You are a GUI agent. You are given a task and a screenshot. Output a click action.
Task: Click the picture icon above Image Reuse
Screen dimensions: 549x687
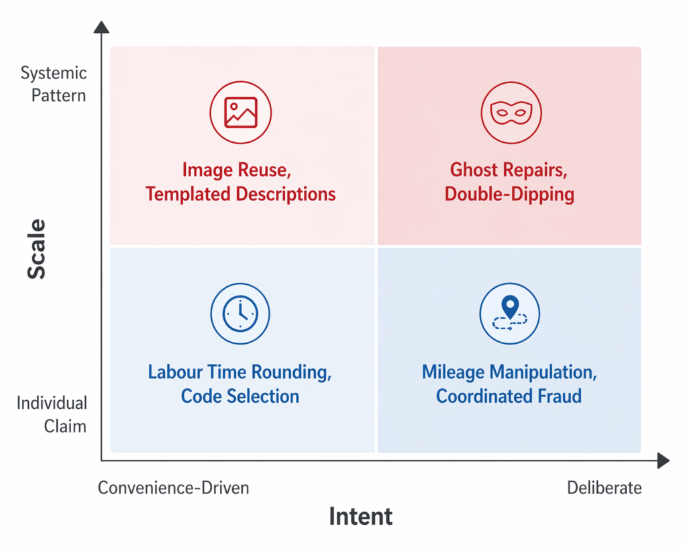(241, 113)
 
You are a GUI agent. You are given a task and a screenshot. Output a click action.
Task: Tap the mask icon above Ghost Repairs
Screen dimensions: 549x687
(511, 113)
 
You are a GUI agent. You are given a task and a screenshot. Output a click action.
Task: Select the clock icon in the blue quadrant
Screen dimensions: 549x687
(240, 314)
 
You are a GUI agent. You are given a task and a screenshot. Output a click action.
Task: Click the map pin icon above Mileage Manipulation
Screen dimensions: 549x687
(510, 314)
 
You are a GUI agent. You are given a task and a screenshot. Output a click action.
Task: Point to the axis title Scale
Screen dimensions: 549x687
(38, 248)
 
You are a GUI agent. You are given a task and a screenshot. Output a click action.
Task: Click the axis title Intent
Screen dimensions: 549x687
(360, 517)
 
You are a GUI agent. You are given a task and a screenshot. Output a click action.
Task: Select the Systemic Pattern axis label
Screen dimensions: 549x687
(54, 84)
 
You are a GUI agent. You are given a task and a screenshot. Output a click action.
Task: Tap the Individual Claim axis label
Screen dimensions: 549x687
(52, 414)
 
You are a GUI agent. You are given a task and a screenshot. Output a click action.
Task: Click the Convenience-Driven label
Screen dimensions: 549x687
(174, 488)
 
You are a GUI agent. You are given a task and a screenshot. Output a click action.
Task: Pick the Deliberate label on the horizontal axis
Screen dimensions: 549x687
(604, 488)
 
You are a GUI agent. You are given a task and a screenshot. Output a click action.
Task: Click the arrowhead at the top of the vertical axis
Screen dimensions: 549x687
(101, 27)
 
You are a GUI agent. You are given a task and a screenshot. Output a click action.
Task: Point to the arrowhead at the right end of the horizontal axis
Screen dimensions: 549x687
(663, 461)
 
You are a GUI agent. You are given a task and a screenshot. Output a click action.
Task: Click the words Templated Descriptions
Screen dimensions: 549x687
(240, 194)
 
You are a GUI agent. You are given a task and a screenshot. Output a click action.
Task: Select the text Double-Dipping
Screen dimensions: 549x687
(510, 194)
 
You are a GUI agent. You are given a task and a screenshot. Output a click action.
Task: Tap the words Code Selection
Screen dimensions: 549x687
(240, 396)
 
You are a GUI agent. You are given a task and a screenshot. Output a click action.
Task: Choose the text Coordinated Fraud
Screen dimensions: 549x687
(509, 396)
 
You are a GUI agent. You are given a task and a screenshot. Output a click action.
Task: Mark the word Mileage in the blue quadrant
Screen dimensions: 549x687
(454, 372)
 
